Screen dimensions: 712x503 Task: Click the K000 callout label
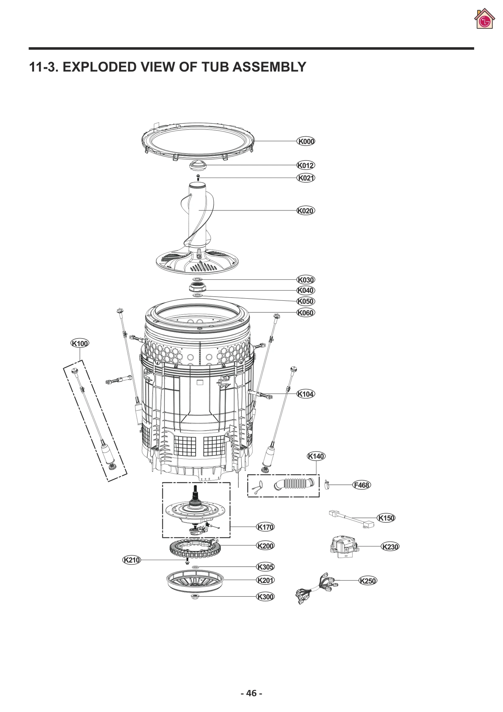coord(306,141)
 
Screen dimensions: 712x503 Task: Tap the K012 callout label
coord(306,165)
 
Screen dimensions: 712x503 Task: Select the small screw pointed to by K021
coord(198,177)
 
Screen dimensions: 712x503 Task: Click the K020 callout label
coord(306,210)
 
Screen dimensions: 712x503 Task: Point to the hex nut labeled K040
coord(197,288)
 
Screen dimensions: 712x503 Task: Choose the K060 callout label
coord(306,312)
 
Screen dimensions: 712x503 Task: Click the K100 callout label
coord(80,343)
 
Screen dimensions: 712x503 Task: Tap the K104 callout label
coord(306,394)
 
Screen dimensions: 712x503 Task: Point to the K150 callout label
coord(386,518)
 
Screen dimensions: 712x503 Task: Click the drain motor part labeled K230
coord(343,547)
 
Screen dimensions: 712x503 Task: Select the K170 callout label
coord(265,527)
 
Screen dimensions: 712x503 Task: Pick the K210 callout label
coord(131,560)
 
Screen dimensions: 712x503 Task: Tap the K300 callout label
coord(265,597)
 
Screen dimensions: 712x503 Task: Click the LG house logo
coord(484,20)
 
